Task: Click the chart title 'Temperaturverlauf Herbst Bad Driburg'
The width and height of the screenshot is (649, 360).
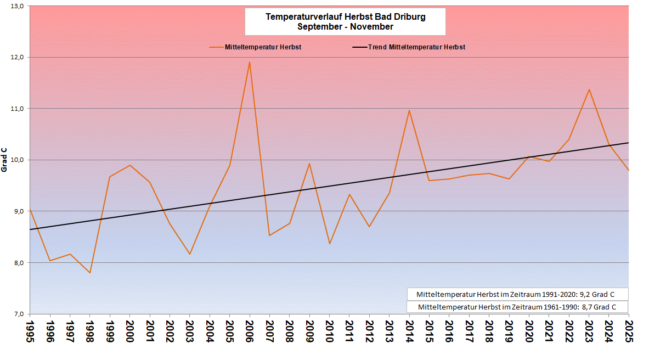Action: pyautogui.click(x=345, y=17)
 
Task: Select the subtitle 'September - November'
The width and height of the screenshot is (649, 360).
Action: pyautogui.click(x=345, y=26)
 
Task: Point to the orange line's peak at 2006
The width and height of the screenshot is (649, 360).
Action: pyautogui.click(x=250, y=62)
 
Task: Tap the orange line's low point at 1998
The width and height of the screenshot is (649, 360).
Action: pyautogui.click(x=90, y=273)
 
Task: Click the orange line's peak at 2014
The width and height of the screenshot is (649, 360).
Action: pyautogui.click(x=409, y=110)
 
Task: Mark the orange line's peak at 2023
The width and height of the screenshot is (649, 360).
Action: pyautogui.click(x=589, y=89)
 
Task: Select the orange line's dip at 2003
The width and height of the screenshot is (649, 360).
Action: pyautogui.click(x=190, y=254)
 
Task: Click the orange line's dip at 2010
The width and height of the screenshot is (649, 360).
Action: pyautogui.click(x=329, y=244)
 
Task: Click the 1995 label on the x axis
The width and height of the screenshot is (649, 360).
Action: pyautogui.click(x=30, y=331)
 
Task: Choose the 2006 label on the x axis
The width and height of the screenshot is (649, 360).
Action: pyautogui.click(x=250, y=331)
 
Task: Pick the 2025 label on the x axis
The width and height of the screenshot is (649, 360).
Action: pyautogui.click(x=628, y=331)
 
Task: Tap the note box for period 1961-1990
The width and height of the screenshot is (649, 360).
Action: pyautogui.click(x=517, y=307)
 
